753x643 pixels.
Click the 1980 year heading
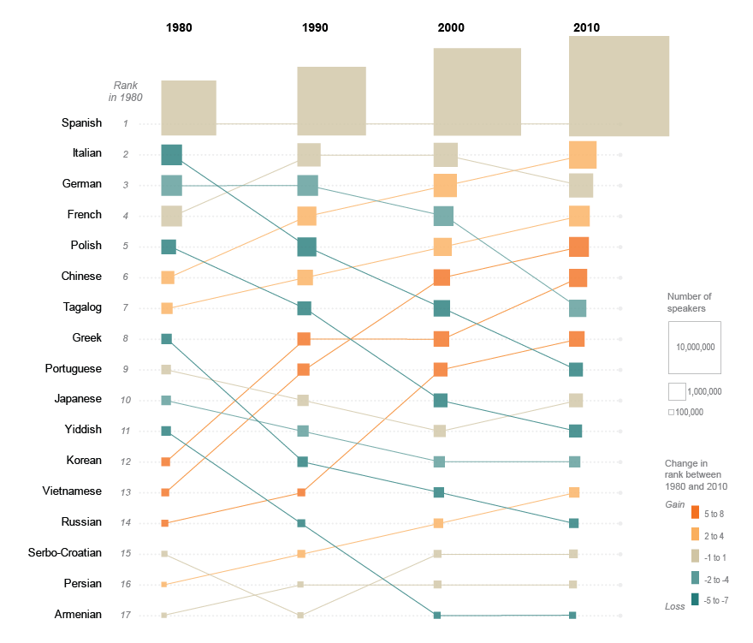point(179,28)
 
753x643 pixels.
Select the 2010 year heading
point(586,28)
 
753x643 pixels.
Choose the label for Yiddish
point(84,430)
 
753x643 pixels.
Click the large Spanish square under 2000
point(477,92)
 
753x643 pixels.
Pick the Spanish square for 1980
point(188,108)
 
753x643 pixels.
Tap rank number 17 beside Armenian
point(125,615)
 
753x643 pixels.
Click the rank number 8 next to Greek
point(125,338)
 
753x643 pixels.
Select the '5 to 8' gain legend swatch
point(696,514)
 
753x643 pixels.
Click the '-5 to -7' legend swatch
point(696,600)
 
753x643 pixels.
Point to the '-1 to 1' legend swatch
point(696,557)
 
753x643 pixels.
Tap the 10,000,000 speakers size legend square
point(695,348)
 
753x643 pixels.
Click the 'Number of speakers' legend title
point(689,302)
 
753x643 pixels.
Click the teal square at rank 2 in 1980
point(172,155)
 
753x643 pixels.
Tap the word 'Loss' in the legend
point(675,606)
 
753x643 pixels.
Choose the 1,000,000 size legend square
point(677,391)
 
